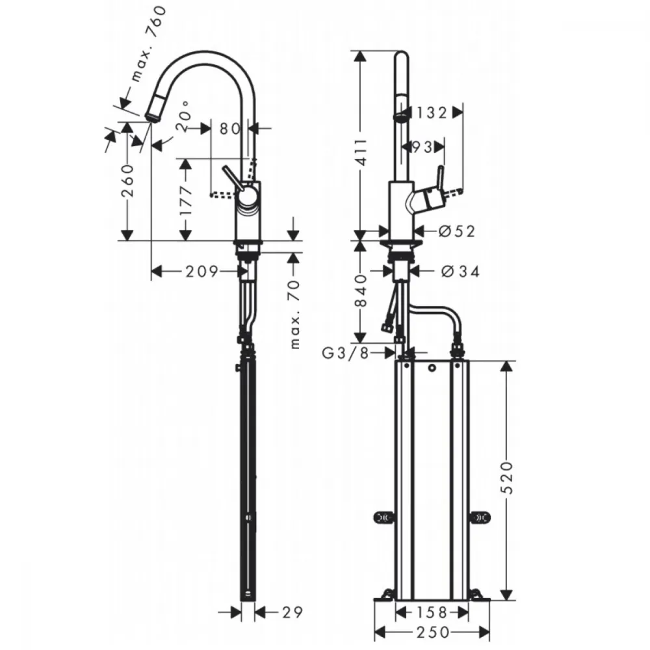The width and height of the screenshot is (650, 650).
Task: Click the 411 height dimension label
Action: pos(361,152)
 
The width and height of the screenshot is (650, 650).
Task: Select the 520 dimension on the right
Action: pos(506,477)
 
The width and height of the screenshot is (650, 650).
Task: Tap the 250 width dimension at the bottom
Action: pos(433,632)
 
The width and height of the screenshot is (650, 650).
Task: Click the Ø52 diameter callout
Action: pos(456,231)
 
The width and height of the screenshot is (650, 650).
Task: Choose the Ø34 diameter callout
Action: pos(461,272)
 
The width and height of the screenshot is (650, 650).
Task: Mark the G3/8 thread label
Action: pos(345,353)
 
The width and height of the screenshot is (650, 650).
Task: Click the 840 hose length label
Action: pos(361,290)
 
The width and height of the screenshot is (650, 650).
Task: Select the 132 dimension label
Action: pos(431,112)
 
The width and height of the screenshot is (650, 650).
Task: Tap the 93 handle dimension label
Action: pos(422,147)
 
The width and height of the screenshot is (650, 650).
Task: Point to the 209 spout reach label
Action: pos(201,272)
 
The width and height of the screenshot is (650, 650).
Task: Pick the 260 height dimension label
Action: pos(128,181)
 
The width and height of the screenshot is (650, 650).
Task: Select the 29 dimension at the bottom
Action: pos(292,612)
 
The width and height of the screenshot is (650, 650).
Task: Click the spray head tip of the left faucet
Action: pos(151,116)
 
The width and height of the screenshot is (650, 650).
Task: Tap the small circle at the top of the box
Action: pos(432,368)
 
